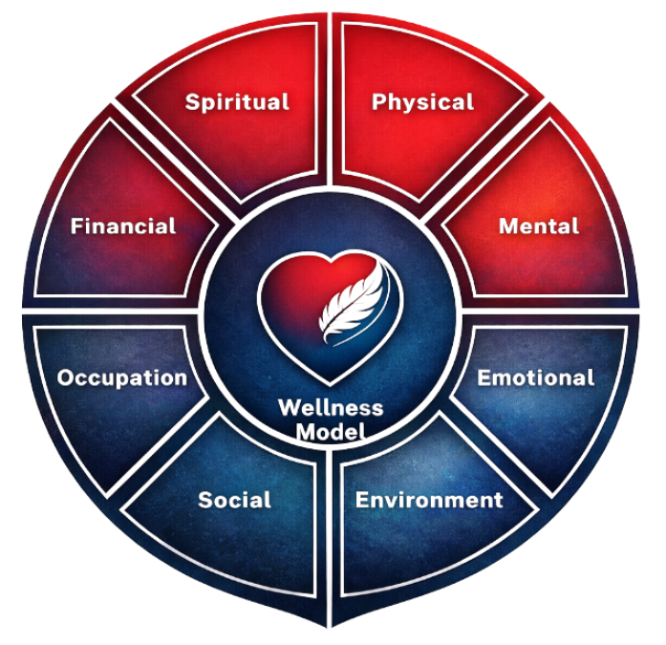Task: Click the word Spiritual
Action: [x=237, y=101]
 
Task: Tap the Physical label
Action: [x=422, y=101]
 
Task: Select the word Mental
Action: [x=539, y=226]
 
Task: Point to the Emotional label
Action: [x=536, y=377]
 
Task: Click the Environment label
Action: [x=429, y=500]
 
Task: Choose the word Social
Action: [x=234, y=500]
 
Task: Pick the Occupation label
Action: [x=121, y=377]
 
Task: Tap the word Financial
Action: [x=123, y=226]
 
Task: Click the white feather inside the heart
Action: [x=353, y=304]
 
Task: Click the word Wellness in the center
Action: [x=331, y=408]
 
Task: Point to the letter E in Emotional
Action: [x=484, y=377]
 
